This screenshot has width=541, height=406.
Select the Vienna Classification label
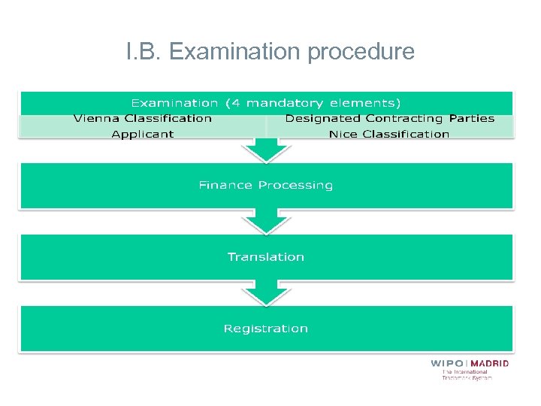(x=142, y=118)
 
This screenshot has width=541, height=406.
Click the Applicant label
(x=142, y=134)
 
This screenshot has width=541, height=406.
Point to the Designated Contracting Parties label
(x=389, y=118)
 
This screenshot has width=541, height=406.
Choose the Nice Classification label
(x=389, y=134)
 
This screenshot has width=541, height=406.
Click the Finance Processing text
(x=265, y=185)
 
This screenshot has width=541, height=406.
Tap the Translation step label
(x=265, y=257)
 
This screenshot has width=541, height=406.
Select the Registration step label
(x=265, y=329)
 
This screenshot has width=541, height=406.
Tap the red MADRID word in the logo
(x=490, y=363)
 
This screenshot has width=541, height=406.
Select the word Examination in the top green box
(x=174, y=102)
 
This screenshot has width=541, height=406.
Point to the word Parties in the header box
(x=472, y=118)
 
